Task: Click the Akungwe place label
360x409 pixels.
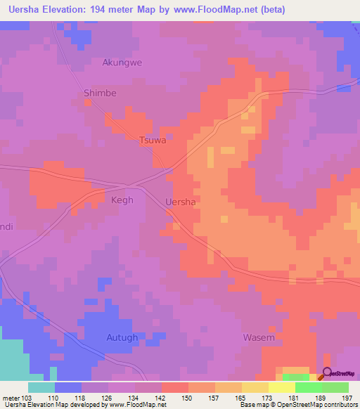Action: click(122, 63)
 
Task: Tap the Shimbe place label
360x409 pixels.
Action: click(100, 93)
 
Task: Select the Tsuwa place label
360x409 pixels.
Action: click(153, 140)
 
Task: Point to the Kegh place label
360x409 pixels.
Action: click(122, 200)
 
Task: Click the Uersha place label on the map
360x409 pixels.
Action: click(179, 202)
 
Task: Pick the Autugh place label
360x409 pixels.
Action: click(122, 337)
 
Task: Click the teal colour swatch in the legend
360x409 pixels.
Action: click(41, 387)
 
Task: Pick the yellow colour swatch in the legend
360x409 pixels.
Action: click(281, 387)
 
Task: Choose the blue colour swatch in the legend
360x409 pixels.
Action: click(68, 387)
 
